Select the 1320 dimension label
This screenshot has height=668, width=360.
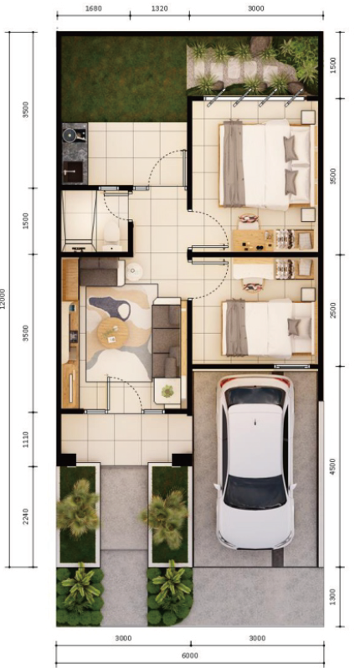(159, 8)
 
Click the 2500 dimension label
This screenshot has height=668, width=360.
(335, 310)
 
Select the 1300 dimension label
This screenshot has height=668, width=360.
(335, 597)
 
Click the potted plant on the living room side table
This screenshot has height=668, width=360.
(167, 391)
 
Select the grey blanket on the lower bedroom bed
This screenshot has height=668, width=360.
(236, 326)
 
